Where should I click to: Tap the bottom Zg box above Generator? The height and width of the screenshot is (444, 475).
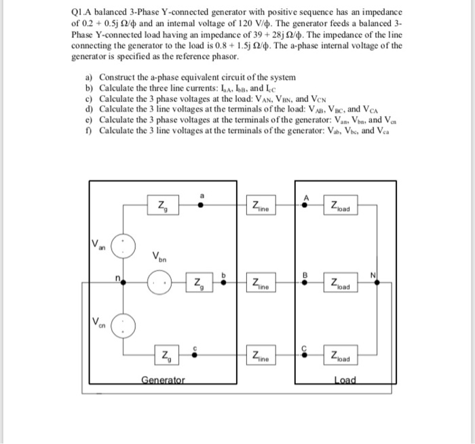[167, 356]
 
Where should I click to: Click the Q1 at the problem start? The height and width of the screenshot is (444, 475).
[77, 12]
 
